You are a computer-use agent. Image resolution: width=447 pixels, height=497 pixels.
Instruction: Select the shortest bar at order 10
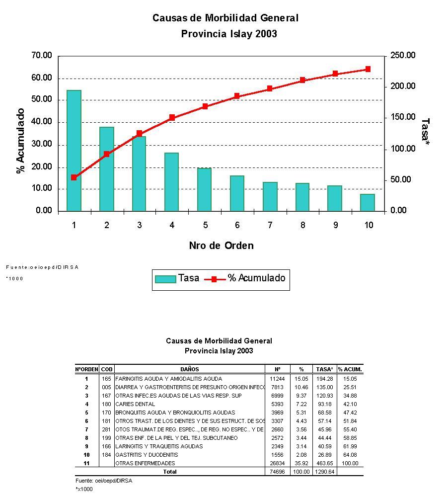(x=368, y=202)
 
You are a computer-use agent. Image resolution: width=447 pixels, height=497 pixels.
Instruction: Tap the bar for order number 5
(x=204, y=189)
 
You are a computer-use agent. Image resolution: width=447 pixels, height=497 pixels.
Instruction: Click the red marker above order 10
(x=368, y=69)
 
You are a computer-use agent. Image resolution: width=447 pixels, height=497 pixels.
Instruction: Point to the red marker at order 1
(x=74, y=177)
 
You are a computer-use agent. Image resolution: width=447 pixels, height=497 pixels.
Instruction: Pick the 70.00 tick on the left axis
(x=42, y=56)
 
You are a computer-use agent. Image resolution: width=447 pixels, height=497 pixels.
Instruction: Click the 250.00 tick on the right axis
(x=403, y=56)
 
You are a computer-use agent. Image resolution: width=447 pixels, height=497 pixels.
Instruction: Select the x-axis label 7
(x=270, y=225)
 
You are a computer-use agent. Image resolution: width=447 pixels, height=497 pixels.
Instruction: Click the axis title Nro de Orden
(x=221, y=246)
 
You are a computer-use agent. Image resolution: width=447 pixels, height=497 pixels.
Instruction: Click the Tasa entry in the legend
(x=177, y=279)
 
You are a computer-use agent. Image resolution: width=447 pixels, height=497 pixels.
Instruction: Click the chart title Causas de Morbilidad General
(x=225, y=18)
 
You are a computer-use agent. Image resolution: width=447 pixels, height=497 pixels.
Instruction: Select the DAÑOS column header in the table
(x=190, y=369)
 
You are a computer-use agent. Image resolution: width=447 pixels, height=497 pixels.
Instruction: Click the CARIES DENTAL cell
(x=135, y=404)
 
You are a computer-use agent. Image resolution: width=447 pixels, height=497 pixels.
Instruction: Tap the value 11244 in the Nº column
(x=277, y=379)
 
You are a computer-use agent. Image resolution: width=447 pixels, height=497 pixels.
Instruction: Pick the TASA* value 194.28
(x=324, y=379)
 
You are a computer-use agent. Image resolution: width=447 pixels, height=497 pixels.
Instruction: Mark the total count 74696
(x=277, y=472)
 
